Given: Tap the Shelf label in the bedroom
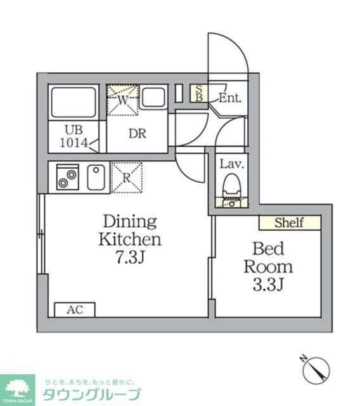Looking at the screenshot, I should [x=289, y=223].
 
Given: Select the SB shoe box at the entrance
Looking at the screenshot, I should [x=199, y=93].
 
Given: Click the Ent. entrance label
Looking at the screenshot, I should [x=229, y=98].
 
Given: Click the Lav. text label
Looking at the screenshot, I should [x=231, y=164].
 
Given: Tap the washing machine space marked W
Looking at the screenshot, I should [x=122, y=100].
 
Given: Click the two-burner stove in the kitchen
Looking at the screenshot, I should [x=67, y=176].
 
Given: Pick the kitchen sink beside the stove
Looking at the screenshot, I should [x=96, y=176].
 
